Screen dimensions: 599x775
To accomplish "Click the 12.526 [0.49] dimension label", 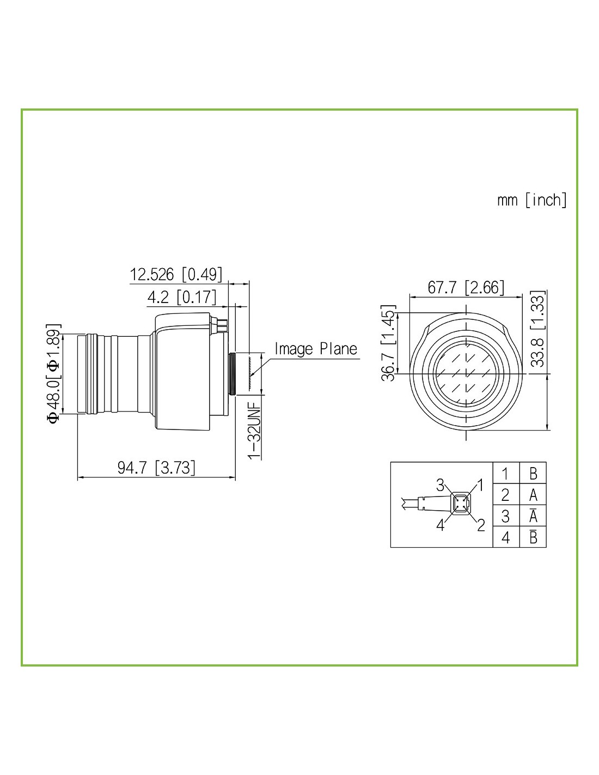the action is pyautogui.click(x=176, y=274).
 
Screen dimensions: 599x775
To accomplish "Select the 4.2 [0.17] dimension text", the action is pyautogui.click(x=182, y=296).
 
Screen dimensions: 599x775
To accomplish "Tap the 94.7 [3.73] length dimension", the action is pyautogui.click(x=156, y=467).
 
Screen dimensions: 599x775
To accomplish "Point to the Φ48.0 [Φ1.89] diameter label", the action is pyautogui.click(x=54, y=373).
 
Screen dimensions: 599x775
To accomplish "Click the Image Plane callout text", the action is pyautogui.click(x=316, y=349).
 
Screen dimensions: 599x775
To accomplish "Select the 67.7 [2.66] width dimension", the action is pyautogui.click(x=466, y=287).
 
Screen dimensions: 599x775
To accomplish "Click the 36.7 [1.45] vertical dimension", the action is pyautogui.click(x=388, y=343).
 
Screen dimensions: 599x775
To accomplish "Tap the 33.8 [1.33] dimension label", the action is pyautogui.click(x=537, y=329).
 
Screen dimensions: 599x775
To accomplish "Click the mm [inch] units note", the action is pyautogui.click(x=532, y=199).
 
